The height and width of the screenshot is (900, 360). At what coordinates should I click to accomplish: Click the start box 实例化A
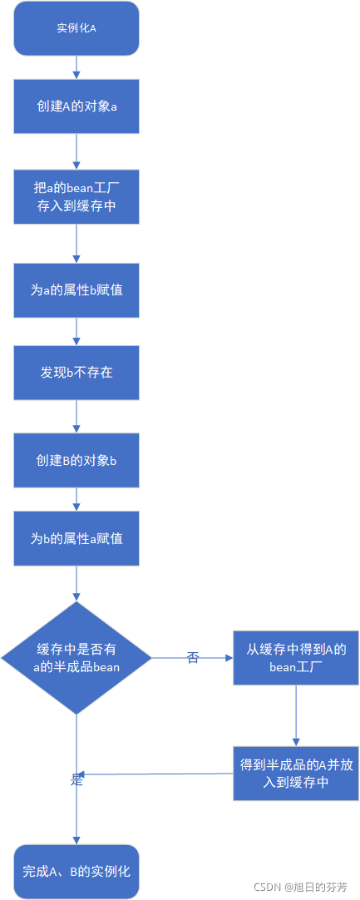[76, 28]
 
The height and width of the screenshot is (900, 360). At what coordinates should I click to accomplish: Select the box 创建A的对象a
[76, 106]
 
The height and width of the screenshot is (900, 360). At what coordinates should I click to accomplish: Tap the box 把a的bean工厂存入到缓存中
[76, 197]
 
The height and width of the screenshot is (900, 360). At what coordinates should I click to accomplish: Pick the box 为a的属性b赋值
[76, 290]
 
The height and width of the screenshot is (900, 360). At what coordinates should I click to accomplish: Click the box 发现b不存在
[76, 373]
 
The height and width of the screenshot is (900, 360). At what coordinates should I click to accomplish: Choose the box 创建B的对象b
[76, 460]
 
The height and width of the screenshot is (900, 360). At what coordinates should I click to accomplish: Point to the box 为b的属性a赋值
[76, 539]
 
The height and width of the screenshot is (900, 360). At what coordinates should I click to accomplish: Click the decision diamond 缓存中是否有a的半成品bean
[76, 658]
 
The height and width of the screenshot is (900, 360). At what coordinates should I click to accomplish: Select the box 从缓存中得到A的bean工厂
[296, 658]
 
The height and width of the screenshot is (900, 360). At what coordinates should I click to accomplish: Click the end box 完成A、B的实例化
[76, 871]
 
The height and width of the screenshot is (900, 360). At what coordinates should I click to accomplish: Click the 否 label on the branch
[193, 658]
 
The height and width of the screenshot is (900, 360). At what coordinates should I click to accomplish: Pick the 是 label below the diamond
[76, 779]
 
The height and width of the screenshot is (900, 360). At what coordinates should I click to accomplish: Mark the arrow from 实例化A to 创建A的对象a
[76, 67]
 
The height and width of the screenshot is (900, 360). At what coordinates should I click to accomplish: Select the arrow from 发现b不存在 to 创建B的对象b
[76, 416]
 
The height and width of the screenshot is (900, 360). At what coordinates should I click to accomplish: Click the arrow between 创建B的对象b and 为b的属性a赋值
[76, 499]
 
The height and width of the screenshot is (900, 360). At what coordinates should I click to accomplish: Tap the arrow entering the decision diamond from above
[76, 584]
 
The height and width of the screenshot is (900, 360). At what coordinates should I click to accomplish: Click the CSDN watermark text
[301, 887]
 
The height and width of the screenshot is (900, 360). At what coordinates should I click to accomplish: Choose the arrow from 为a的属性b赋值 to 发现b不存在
[76, 332]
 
